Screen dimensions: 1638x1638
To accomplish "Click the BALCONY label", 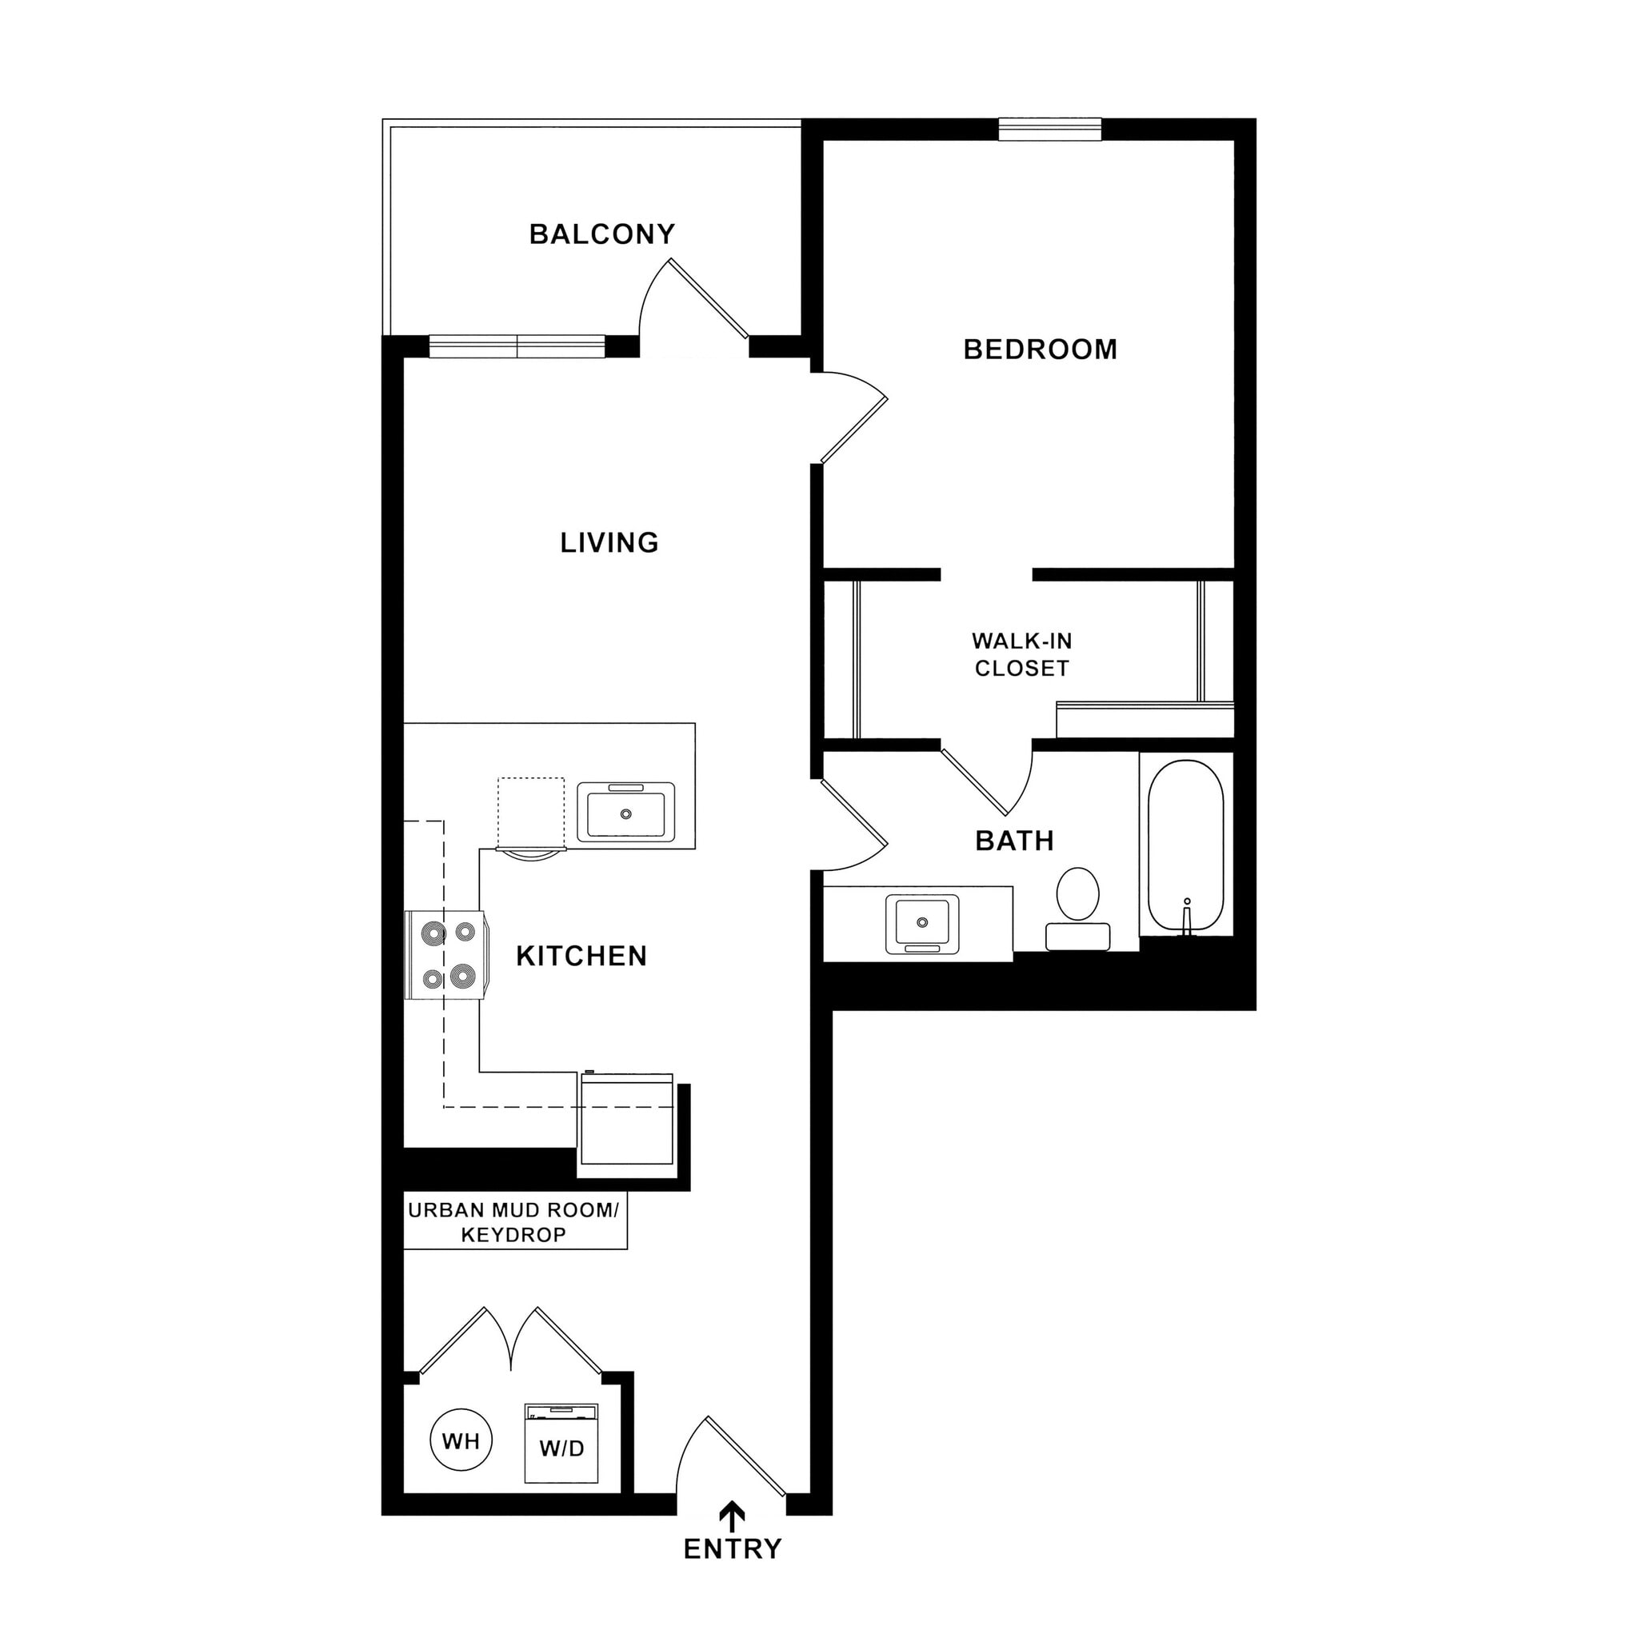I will coord(602,234).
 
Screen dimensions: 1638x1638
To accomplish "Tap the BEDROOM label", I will coord(1040,350).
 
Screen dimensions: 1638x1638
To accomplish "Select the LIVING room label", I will coord(609,542).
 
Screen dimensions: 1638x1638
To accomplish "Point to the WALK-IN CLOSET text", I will coord(1021,654).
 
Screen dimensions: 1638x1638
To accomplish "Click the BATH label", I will coord(1014,841).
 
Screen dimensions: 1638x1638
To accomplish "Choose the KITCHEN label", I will coord(581,957).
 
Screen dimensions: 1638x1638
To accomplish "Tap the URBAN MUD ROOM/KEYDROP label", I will coord(513,1222).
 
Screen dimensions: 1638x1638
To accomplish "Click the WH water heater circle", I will coord(461,1440).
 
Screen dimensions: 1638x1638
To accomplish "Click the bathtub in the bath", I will coord(1185,846).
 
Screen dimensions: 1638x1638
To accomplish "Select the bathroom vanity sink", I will coord(922,923).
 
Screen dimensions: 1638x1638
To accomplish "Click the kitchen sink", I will coord(625,813).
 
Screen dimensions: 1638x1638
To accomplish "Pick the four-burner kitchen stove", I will coord(447,956).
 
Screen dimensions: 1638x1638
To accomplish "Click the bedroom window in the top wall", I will coord(1049,129).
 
